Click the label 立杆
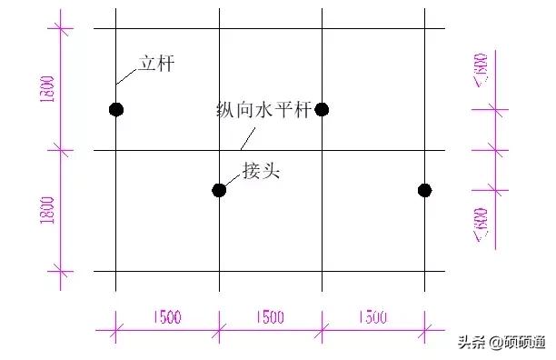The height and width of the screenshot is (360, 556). click(155, 65)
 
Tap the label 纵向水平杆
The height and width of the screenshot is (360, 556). click(263, 110)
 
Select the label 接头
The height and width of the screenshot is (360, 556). click(262, 170)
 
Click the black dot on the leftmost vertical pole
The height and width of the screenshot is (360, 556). click(115, 110)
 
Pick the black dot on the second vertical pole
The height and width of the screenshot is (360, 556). click(219, 190)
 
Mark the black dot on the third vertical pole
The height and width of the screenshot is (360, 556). click(322, 110)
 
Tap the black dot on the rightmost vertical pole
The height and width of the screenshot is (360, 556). click(424, 190)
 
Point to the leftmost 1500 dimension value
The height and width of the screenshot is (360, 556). click(167, 317)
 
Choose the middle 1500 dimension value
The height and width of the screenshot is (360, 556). click(270, 317)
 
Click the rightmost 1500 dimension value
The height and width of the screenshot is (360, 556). click(372, 317)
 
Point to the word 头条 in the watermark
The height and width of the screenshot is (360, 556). click(471, 343)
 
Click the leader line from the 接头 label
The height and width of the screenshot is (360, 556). click(232, 181)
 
